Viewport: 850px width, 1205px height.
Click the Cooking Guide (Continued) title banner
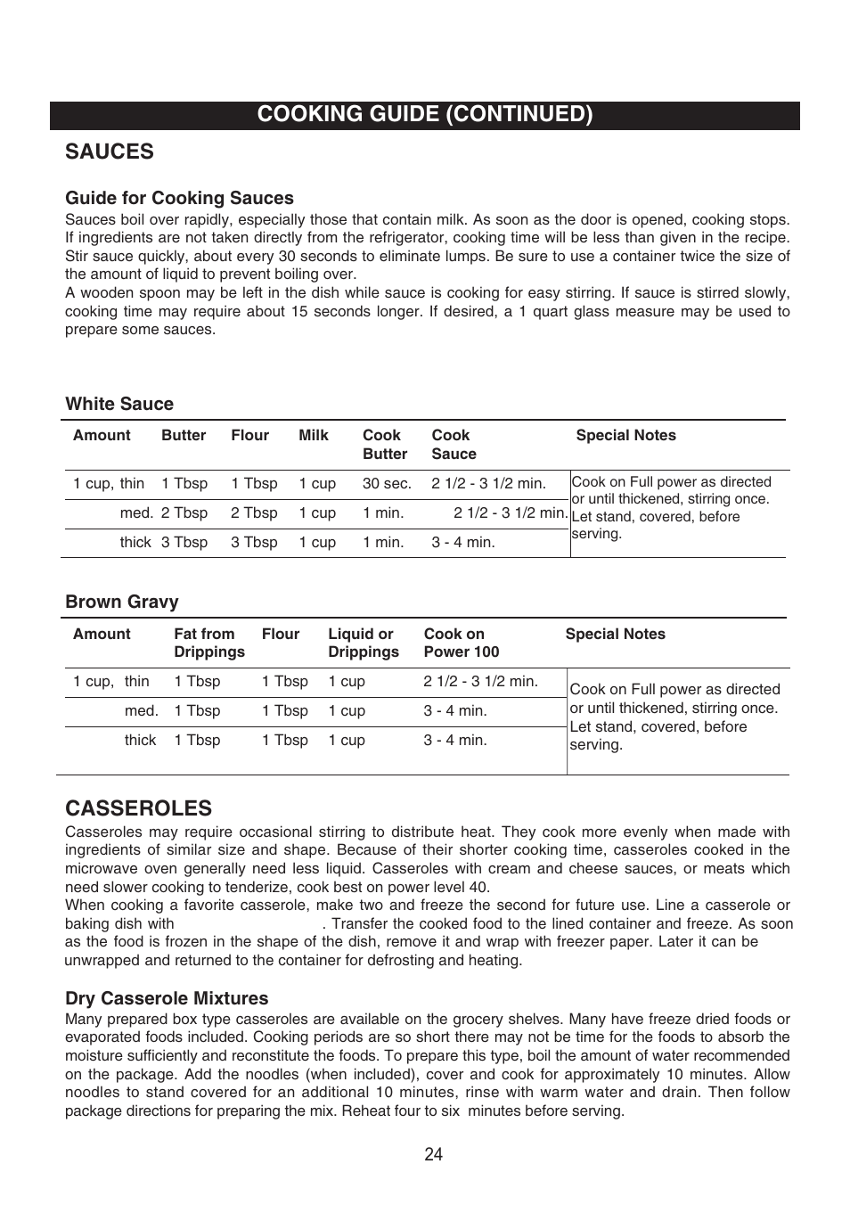tap(424, 114)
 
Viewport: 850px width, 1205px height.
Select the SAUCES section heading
tap(109, 152)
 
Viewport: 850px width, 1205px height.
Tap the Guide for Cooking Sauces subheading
tap(179, 198)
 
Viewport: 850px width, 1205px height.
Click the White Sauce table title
tap(119, 404)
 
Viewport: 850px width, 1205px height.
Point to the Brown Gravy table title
tap(122, 602)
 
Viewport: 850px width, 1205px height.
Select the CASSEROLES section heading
tap(138, 808)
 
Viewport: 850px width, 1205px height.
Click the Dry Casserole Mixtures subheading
tap(167, 998)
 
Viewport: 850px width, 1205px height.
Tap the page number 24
tap(433, 1154)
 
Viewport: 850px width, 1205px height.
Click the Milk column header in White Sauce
tap(314, 435)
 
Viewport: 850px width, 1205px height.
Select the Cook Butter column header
tap(384, 444)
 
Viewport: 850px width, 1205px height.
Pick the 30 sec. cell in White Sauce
tap(387, 483)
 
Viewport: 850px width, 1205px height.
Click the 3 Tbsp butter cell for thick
tap(184, 542)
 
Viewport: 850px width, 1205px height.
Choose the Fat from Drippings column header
tap(208, 643)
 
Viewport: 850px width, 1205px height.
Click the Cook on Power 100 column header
tap(461, 643)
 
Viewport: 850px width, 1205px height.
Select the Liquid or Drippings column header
tap(363, 643)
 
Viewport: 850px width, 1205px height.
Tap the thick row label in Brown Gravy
tap(140, 740)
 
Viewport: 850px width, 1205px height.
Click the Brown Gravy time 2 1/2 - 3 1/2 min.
tap(480, 681)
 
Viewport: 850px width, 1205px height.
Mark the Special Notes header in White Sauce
tap(625, 435)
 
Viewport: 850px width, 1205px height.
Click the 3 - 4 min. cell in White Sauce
tap(462, 542)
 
